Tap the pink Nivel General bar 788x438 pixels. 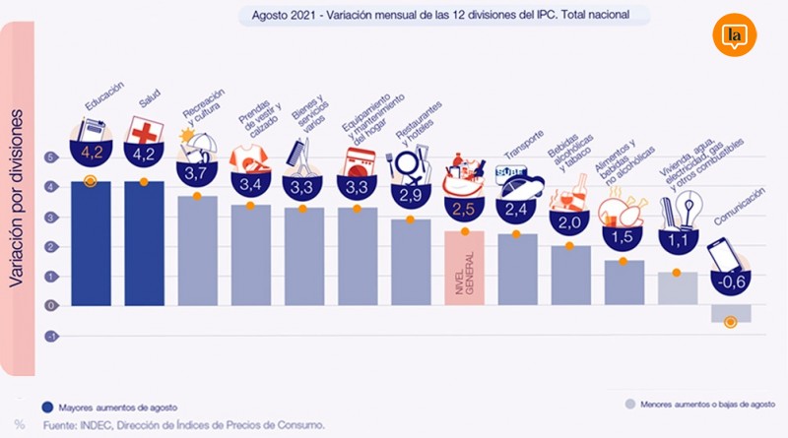click(465, 267)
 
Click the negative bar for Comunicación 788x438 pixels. click(730, 314)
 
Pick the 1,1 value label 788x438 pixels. click(677, 238)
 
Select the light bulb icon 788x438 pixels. click(688, 209)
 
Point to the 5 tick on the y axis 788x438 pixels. click(49, 156)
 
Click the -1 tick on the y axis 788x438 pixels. click(49, 336)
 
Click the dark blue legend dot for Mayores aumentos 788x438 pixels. click(46, 405)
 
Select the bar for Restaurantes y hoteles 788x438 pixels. click(411, 261)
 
